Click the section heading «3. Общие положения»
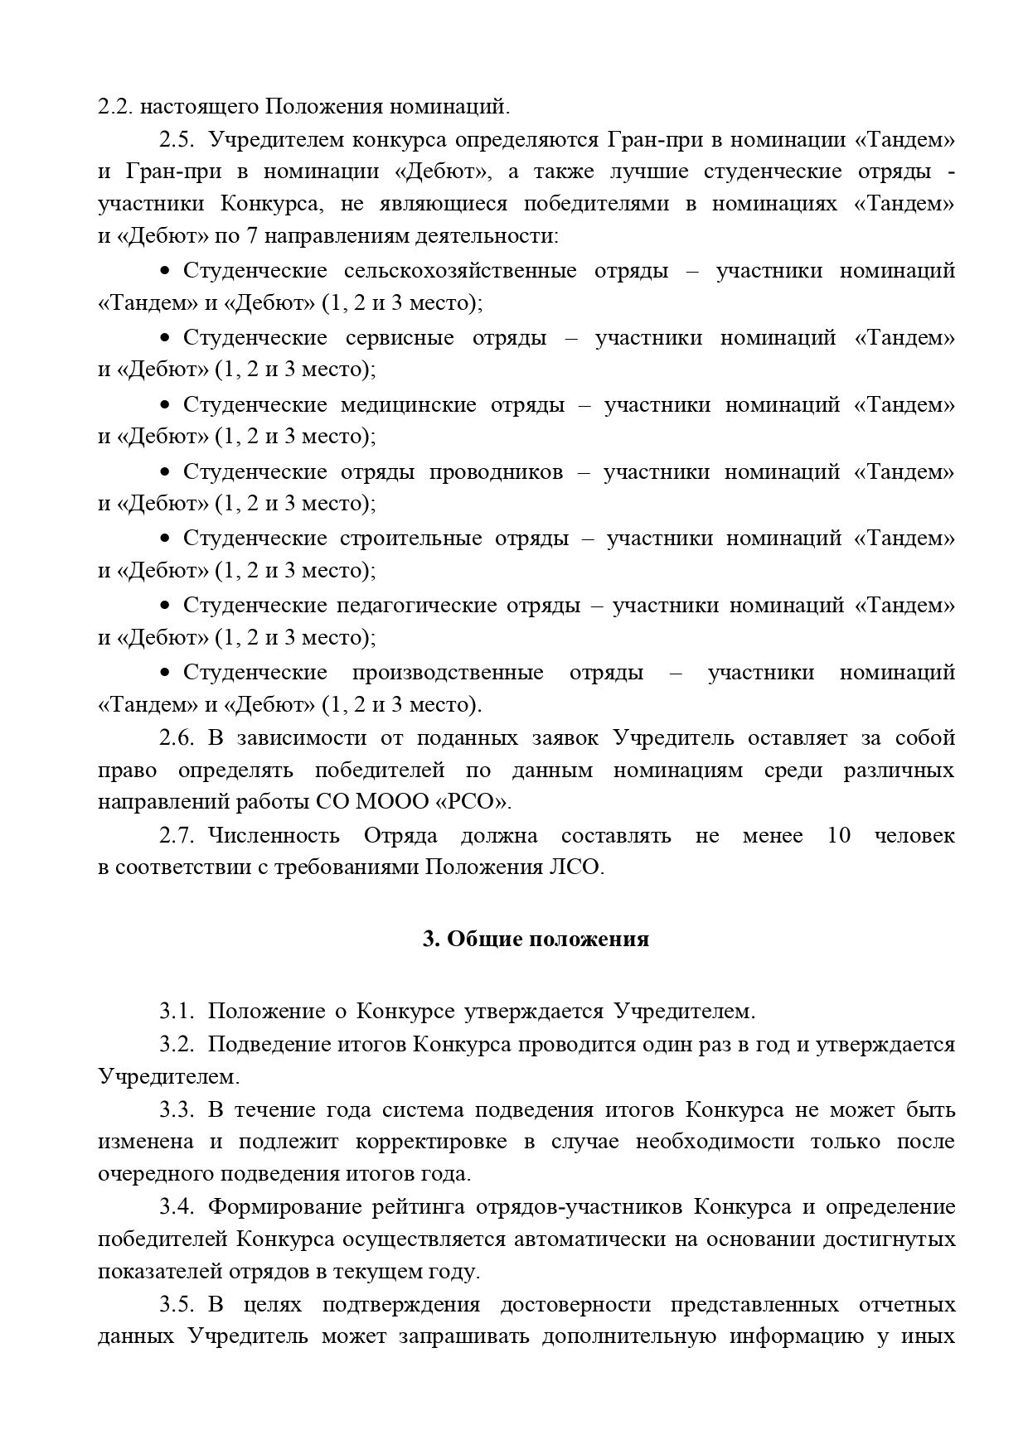(536, 940)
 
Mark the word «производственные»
(448, 673)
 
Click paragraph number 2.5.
(176, 140)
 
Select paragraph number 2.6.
(176, 738)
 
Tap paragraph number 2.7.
(176, 836)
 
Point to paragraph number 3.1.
(176, 1012)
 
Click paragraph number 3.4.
(176, 1207)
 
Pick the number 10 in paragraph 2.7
(839, 836)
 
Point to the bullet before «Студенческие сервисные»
(165, 339)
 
